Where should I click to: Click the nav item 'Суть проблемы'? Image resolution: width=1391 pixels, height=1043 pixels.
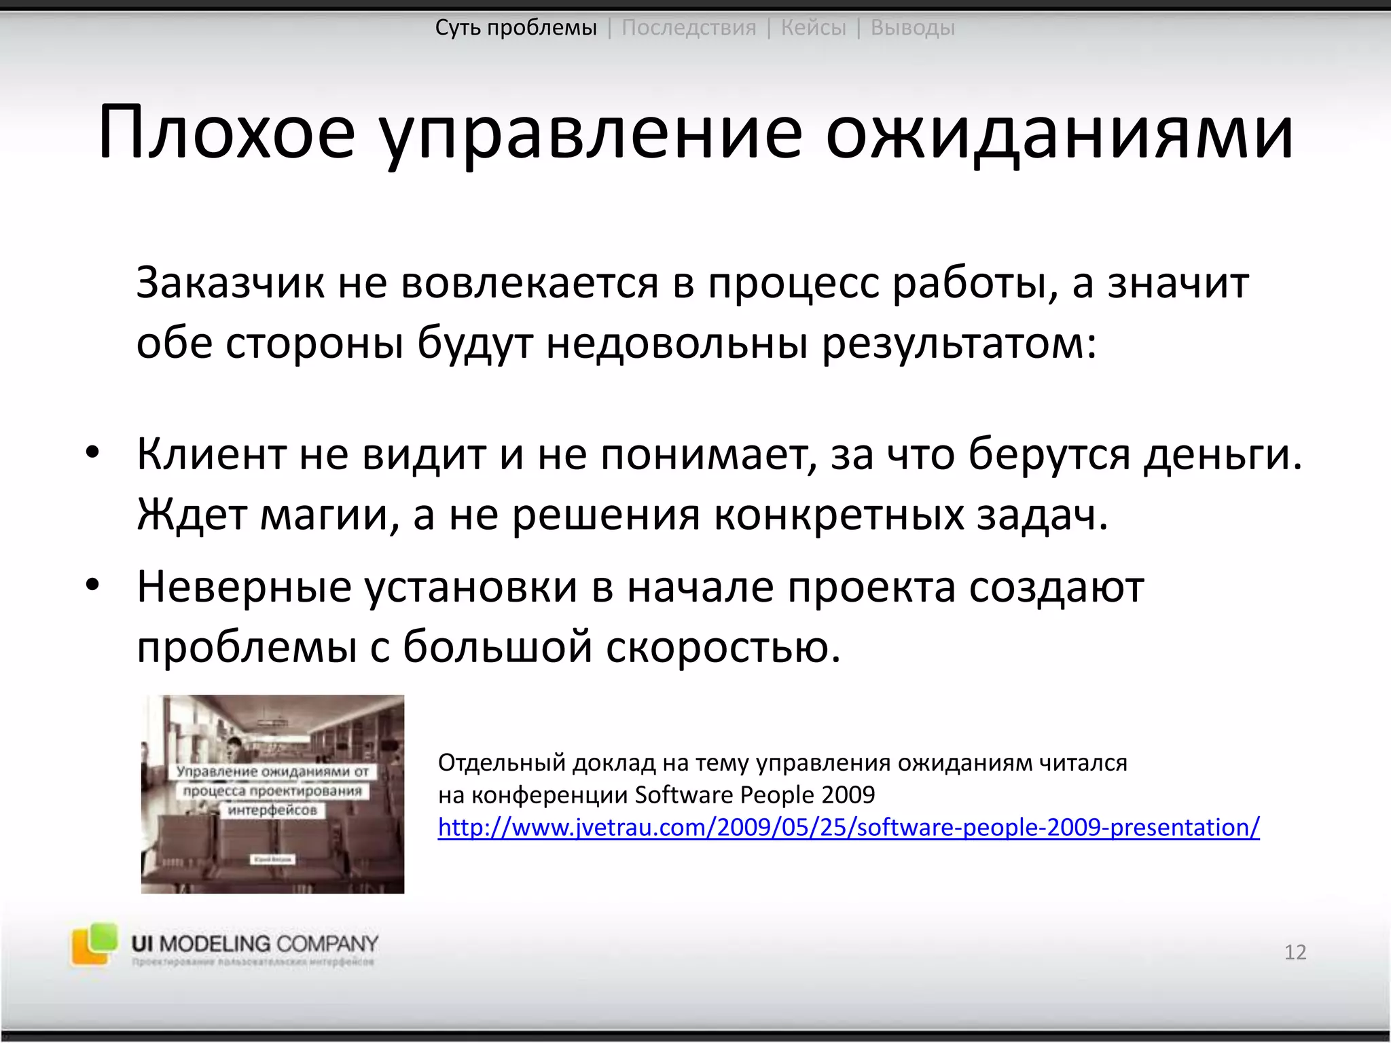click(x=516, y=28)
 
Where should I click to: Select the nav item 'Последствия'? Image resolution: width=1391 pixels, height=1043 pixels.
click(x=689, y=28)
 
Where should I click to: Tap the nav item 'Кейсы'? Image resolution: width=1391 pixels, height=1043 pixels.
click(x=814, y=28)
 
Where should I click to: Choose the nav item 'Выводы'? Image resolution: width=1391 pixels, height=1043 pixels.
click(x=912, y=28)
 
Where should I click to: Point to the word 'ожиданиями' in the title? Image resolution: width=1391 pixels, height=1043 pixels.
click(x=1059, y=132)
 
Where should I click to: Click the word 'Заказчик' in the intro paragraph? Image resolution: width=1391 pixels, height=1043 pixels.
click(x=230, y=282)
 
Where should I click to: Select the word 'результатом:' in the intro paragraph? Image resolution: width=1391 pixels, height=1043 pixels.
click(x=959, y=344)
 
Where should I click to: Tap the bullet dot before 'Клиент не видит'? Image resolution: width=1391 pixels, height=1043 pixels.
click(x=93, y=453)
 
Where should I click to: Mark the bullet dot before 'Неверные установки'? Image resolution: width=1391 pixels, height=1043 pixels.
click(x=93, y=585)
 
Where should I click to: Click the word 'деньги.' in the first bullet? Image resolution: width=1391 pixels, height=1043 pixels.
click(x=1223, y=454)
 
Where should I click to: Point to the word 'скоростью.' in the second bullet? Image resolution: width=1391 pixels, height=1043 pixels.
click(x=723, y=646)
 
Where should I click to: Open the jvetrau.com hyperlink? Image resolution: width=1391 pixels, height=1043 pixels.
click(x=848, y=827)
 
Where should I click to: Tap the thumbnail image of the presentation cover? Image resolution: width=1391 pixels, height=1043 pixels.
click(x=272, y=794)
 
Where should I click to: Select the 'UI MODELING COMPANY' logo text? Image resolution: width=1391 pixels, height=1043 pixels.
click(x=255, y=943)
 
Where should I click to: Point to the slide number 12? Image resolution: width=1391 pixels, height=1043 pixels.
click(x=1295, y=952)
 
